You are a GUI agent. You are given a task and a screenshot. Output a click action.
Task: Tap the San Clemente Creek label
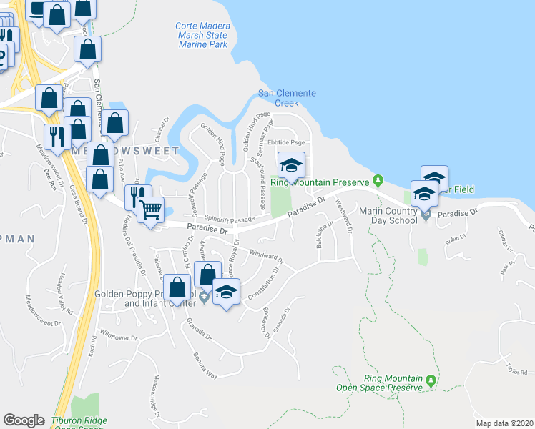[x=287, y=98]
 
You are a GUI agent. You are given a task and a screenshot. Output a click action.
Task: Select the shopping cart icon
[x=150, y=210]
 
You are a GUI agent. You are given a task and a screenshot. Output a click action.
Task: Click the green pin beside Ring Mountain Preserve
[x=379, y=180]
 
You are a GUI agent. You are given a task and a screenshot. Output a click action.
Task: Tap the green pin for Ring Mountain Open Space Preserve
[x=430, y=380]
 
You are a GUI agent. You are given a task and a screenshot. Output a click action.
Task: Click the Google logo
[x=24, y=420]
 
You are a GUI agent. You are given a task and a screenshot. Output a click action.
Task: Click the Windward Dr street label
[x=267, y=255]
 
